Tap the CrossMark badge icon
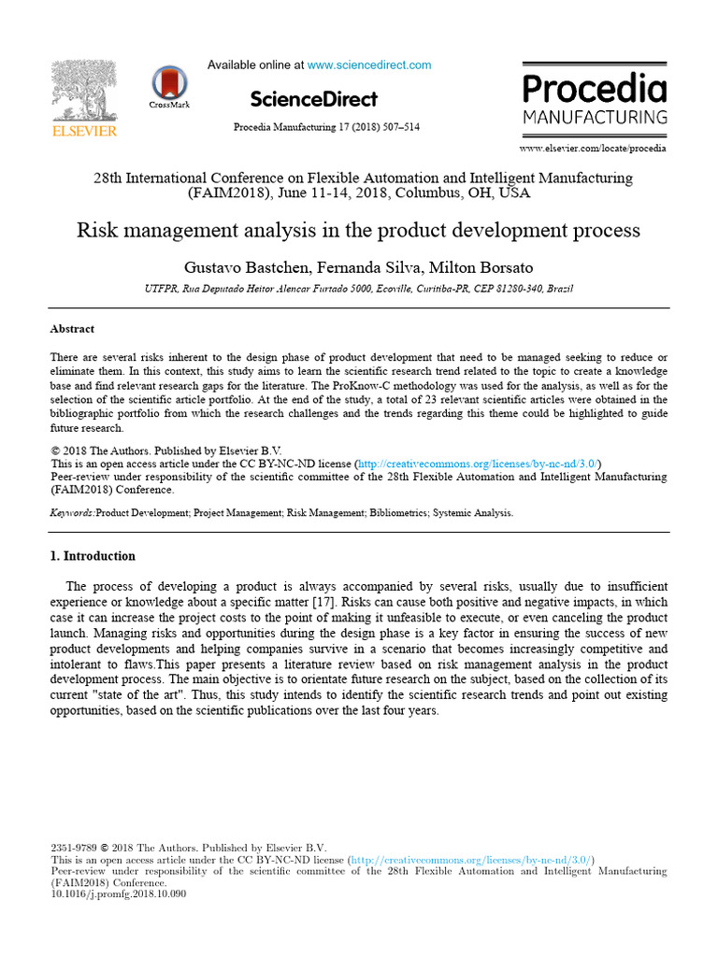[x=169, y=83]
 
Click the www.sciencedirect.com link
[x=369, y=65]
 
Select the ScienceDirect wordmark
[x=314, y=99]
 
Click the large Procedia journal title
[x=595, y=90]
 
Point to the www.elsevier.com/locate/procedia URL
[x=593, y=148]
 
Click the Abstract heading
[x=72, y=329]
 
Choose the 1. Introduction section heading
[x=92, y=556]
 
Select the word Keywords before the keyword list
[x=71, y=513]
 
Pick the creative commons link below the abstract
[x=479, y=464]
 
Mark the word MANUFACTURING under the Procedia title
[x=595, y=118]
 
